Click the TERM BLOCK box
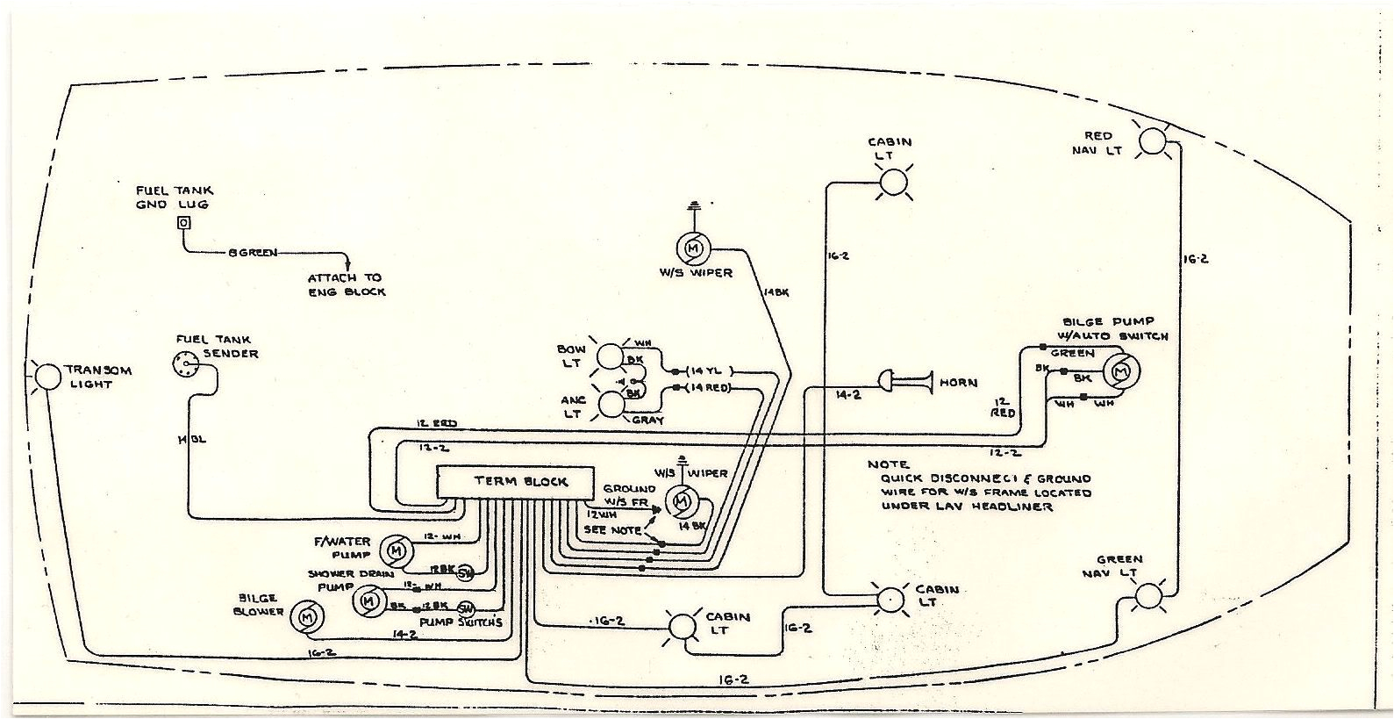click(x=517, y=481)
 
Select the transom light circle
click(x=47, y=376)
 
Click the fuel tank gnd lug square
click(x=182, y=223)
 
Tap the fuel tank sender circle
click(x=187, y=365)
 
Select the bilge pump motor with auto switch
click(x=1119, y=372)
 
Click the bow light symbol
click(x=609, y=357)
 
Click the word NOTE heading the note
click(x=888, y=464)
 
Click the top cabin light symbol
click(x=893, y=182)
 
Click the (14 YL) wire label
click(x=708, y=370)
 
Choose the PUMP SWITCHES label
click(x=461, y=622)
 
